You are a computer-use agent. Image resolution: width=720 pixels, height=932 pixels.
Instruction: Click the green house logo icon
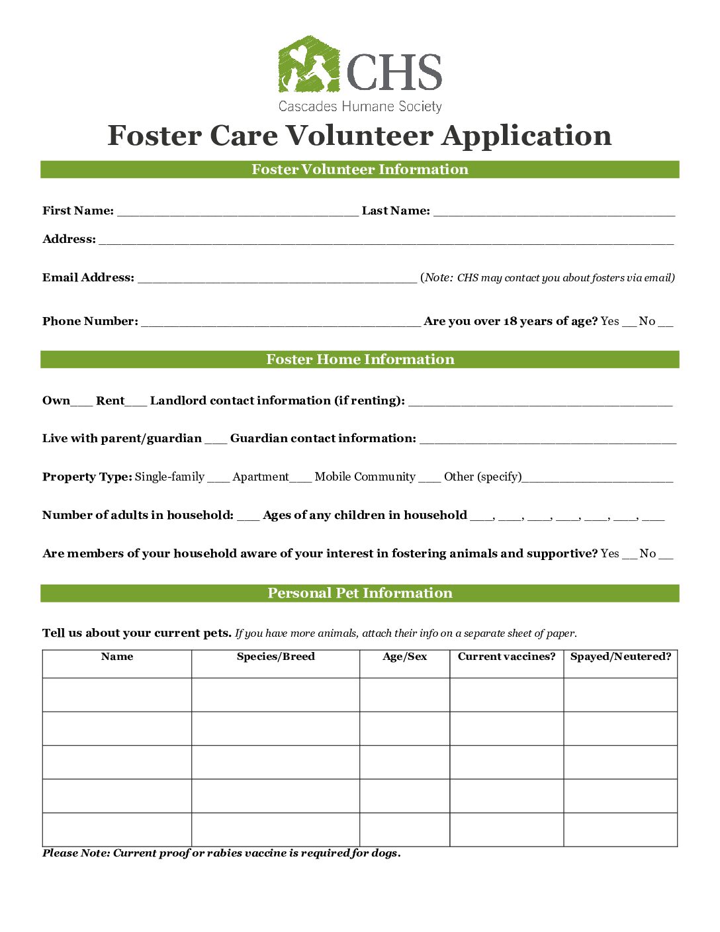click(x=308, y=64)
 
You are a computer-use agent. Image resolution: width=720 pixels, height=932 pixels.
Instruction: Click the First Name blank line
click(x=238, y=212)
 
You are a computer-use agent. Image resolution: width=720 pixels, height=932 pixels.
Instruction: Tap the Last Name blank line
click(x=554, y=212)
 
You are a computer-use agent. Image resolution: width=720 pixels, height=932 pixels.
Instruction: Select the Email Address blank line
click(x=277, y=279)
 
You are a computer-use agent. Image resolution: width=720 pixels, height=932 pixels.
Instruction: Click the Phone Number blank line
click(x=281, y=323)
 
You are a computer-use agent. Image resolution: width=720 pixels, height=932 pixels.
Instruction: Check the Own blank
click(x=81, y=402)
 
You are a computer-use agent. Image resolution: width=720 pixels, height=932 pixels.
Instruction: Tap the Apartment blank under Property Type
click(x=300, y=479)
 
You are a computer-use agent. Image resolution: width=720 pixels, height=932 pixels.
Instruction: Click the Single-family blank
click(x=218, y=479)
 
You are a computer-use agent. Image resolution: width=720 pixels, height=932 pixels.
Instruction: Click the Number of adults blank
click(x=248, y=517)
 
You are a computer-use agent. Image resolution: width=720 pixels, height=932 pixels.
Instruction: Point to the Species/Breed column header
click(x=275, y=657)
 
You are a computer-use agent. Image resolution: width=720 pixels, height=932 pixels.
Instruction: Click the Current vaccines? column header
click(x=506, y=657)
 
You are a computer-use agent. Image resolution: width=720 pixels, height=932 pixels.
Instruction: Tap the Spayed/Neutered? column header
click(x=620, y=657)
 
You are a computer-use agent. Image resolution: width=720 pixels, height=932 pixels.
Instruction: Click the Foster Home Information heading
click(x=360, y=359)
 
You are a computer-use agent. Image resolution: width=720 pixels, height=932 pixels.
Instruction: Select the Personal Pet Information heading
click(x=360, y=593)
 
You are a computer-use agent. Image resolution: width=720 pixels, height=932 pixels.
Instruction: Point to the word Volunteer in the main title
click(x=359, y=136)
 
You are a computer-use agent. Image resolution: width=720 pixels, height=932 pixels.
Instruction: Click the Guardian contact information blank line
click(x=547, y=440)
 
